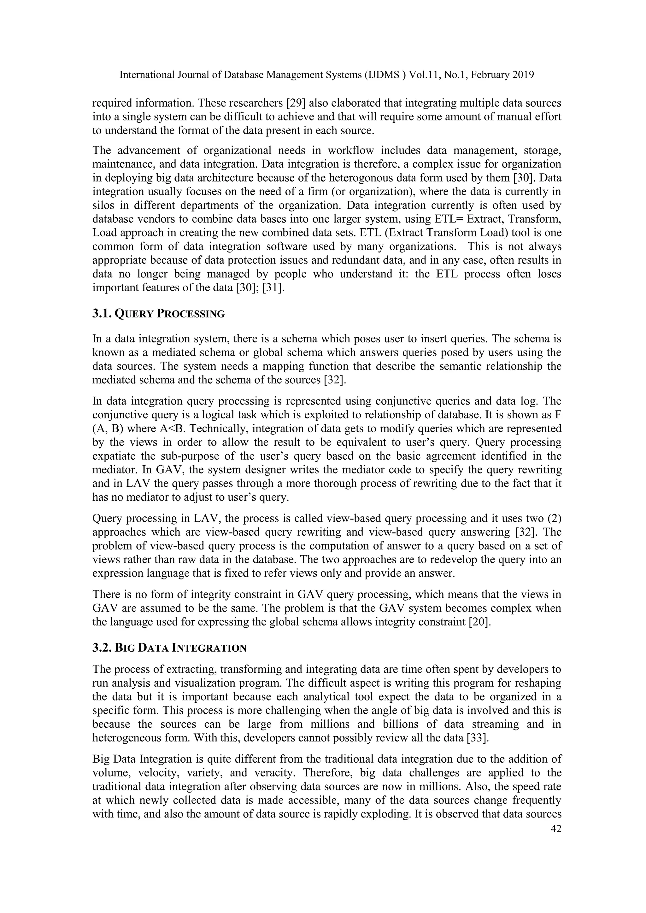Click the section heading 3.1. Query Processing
(158, 314)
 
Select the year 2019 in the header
(521, 75)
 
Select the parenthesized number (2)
(554, 519)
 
